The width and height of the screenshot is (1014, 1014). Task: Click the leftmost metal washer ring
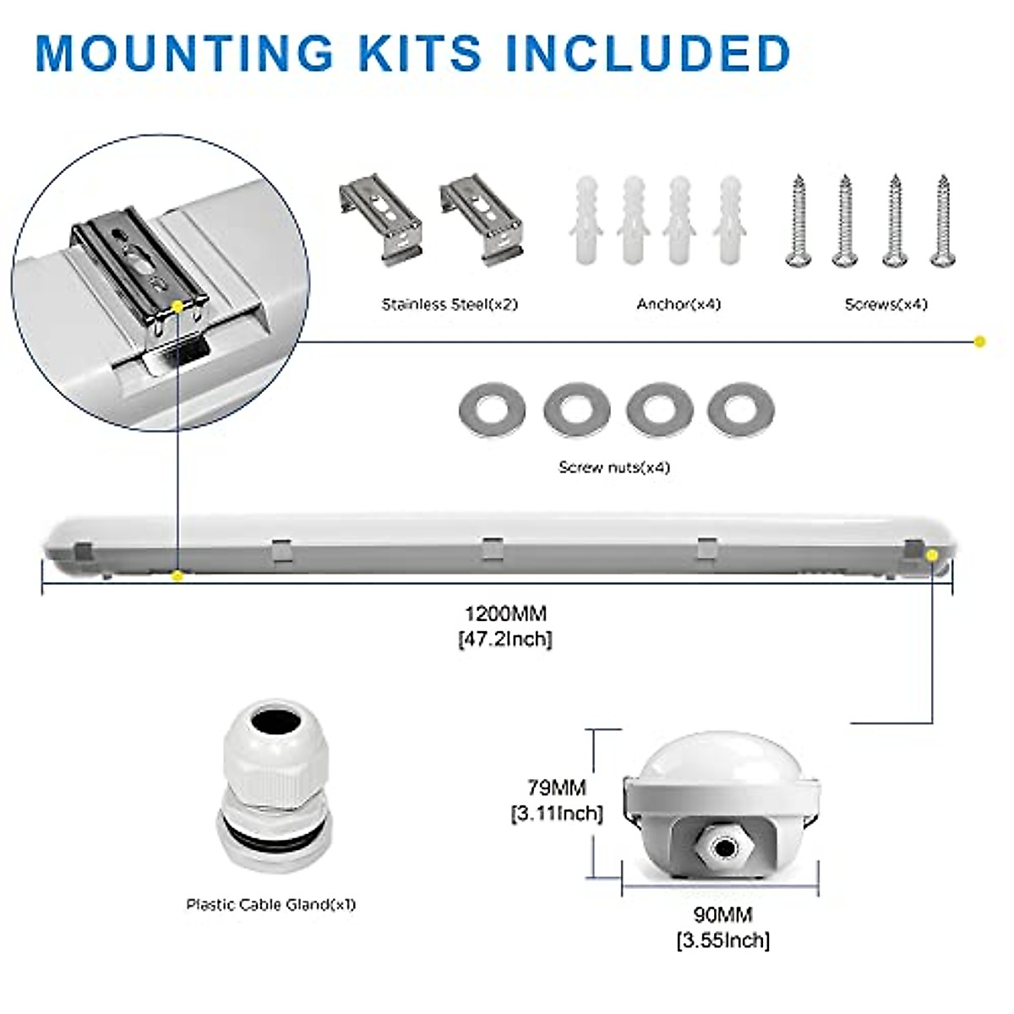coord(492,409)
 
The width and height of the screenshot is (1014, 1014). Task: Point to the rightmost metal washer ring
coord(741,409)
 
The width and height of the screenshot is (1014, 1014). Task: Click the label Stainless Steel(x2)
coord(450,304)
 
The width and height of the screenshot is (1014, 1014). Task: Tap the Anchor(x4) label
coord(679,304)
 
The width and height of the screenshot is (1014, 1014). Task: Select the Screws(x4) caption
coord(886,304)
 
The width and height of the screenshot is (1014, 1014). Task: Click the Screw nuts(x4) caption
coord(614,467)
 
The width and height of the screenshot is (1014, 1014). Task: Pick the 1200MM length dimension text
coord(505,613)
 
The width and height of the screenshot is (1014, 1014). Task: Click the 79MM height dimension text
coord(557,788)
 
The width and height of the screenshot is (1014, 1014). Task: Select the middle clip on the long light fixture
coord(493,548)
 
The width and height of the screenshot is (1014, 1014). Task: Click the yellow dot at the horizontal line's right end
coord(979,342)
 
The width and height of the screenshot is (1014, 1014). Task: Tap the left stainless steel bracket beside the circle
coord(380,220)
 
